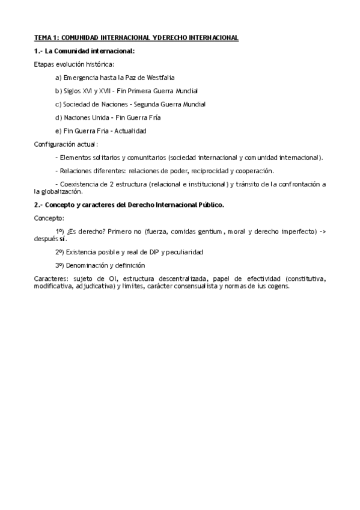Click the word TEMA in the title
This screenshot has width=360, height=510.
[x=42, y=38]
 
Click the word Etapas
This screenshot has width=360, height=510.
[x=43, y=64]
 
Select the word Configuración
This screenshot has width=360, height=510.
[x=55, y=144]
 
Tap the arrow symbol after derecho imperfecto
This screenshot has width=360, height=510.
[x=322, y=231]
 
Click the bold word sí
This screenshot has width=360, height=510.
[x=63, y=238]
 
